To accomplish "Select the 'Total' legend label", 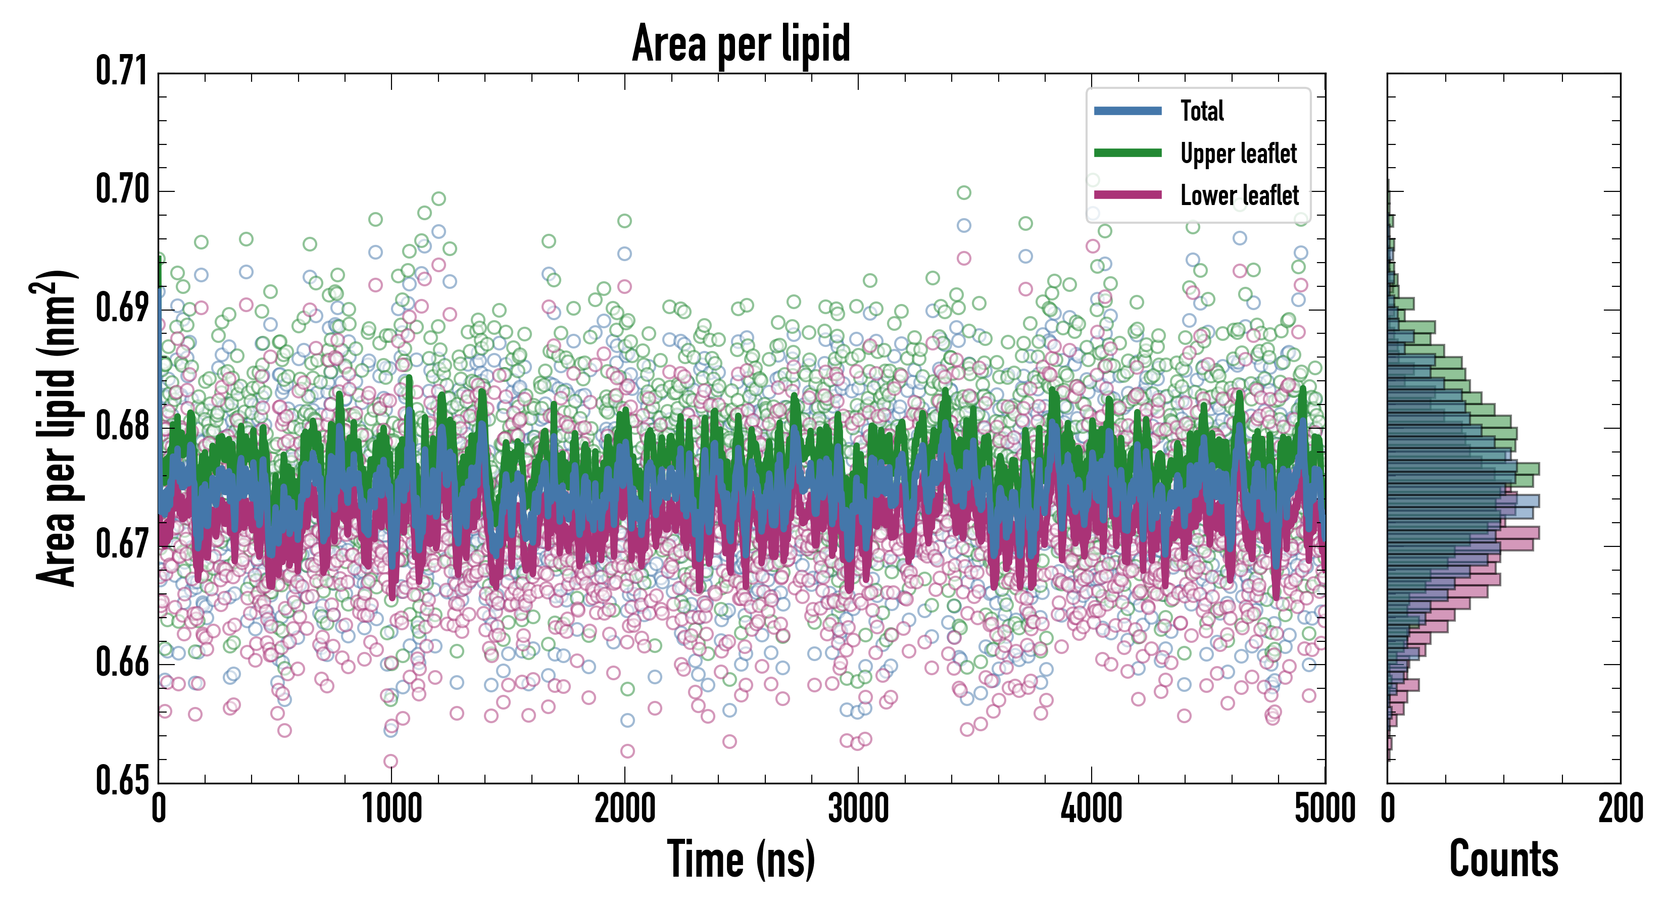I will coord(1202,111).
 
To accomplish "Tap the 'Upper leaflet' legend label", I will coord(1238,154).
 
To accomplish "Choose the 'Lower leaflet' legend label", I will coord(1239,195).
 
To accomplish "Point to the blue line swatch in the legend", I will coord(1127,111).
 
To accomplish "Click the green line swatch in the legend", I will coord(1127,153).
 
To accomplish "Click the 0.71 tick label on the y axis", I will coord(122,72).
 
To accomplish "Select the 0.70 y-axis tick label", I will coord(122,190).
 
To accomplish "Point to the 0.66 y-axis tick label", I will coord(122,663).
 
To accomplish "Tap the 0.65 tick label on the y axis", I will coord(122,780).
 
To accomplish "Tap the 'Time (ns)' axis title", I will coord(741,859).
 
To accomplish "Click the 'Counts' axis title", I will coord(1504,859).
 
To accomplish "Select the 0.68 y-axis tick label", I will coord(122,426).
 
